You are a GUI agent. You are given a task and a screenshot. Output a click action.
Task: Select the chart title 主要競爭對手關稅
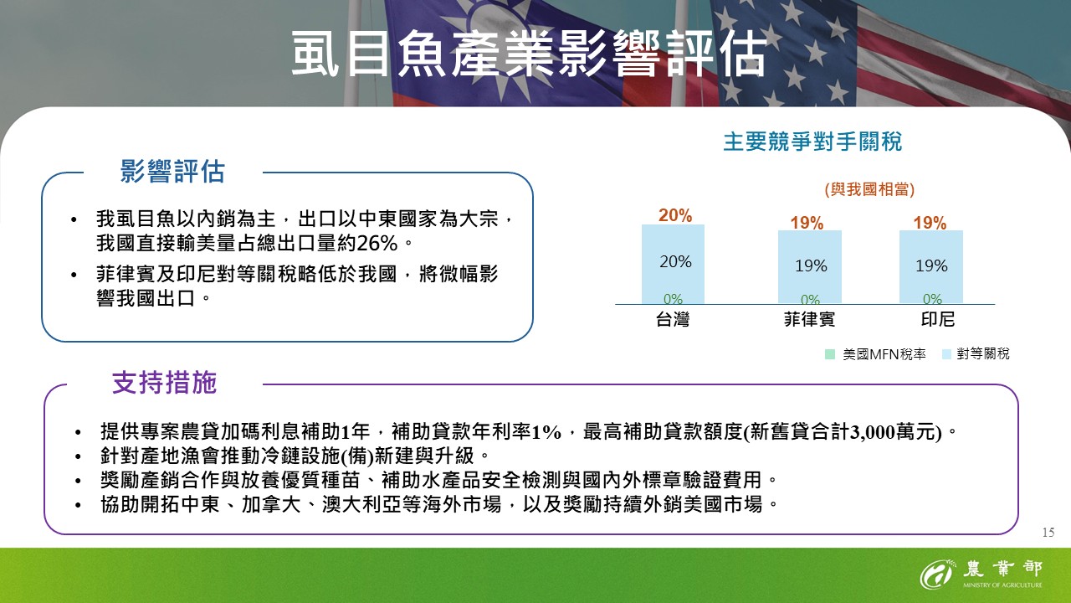click(x=812, y=142)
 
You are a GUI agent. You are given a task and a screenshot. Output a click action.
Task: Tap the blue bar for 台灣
click(x=673, y=264)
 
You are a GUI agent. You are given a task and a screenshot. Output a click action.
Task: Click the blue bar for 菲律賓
click(x=809, y=267)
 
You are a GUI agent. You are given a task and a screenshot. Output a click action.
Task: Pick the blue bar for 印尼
click(x=931, y=267)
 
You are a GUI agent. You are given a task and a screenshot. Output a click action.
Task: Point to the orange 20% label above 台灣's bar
click(x=675, y=215)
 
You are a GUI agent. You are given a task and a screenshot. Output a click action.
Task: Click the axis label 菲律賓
click(x=809, y=319)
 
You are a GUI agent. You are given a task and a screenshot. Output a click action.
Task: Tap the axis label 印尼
click(x=938, y=319)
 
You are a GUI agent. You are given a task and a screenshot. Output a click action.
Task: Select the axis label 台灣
click(x=673, y=319)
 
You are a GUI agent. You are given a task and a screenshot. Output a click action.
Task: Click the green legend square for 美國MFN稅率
click(x=830, y=354)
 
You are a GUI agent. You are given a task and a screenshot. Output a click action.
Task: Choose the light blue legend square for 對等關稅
click(x=946, y=354)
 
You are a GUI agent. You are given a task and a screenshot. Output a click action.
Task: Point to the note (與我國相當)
click(x=869, y=189)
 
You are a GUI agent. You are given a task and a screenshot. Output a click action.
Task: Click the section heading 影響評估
click(x=172, y=172)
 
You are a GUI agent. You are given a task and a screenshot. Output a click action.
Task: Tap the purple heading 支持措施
click(x=165, y=383)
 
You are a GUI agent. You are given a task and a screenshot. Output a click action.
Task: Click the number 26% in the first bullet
click(x=377, y=244)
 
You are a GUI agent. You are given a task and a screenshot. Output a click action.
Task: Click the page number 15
click(x=1048, y=533)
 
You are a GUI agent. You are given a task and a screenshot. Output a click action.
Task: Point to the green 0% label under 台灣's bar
click(x=673, y=299)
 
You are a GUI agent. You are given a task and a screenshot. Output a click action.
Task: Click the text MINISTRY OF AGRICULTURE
click(x=1002, y=585)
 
